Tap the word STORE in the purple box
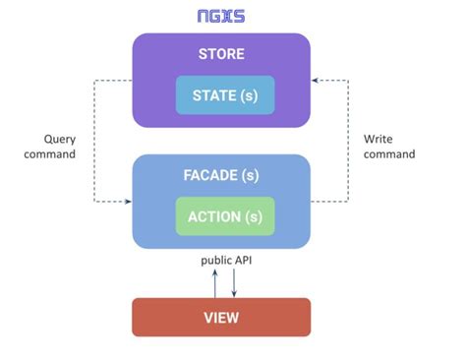click(221, 54)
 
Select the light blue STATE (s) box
click(225, 94)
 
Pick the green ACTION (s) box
click(225, 215)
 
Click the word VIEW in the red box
click(221, 318)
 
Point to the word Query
click(60, 140)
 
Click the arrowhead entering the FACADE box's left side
click(128, 202)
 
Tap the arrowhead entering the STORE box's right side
click(316, 81)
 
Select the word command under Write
click(389, 154)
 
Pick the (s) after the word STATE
click(252, 94)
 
